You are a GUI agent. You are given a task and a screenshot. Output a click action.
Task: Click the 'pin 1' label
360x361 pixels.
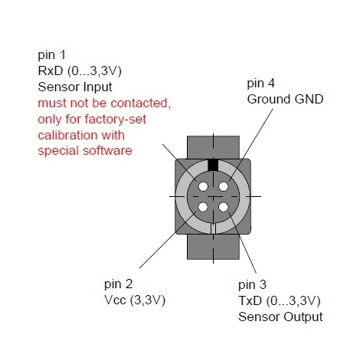(x=51, y=55)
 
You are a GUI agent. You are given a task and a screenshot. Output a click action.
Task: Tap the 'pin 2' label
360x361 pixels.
(x=119, y=284)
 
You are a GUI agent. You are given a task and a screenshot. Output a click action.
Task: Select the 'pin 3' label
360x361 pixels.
(x=252, y=284)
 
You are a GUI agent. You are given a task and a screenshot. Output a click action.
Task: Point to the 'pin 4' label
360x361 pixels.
(x=260, y=84)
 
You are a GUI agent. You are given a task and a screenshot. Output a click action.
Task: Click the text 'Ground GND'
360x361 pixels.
(x=285, y=99)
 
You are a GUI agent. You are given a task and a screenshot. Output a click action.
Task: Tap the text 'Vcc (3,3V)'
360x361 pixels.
(x=135, y=300)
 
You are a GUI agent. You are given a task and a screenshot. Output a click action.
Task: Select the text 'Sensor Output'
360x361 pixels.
(x=280, y=317)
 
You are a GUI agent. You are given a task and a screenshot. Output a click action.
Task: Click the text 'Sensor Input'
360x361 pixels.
(x=75, y=87)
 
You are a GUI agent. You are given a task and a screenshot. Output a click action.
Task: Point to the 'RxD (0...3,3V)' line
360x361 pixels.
(x=80, y=71)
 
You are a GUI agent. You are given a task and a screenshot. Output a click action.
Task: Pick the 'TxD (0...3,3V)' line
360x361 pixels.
(x=280, y=300)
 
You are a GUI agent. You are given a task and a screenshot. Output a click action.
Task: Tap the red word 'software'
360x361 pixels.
(x=107, y=150)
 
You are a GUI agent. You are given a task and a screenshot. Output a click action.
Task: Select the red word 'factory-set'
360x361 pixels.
(x=116, y=120)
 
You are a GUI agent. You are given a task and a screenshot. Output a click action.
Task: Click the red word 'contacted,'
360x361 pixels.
(x=141, y=103)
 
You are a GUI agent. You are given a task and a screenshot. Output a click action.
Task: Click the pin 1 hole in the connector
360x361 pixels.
(x=203, y=186)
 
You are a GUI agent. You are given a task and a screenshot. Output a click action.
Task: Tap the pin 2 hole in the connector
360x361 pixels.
(x=203, y=207)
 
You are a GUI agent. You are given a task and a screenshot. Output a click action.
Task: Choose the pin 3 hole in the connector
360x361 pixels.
(x=224, y=207)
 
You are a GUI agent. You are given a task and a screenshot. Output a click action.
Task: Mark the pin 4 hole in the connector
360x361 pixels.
(x=224, y=186)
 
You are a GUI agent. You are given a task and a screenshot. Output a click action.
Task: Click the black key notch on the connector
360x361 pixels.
(x=214, y=165)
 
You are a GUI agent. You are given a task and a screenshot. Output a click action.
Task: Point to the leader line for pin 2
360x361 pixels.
(x=168, y=240)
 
